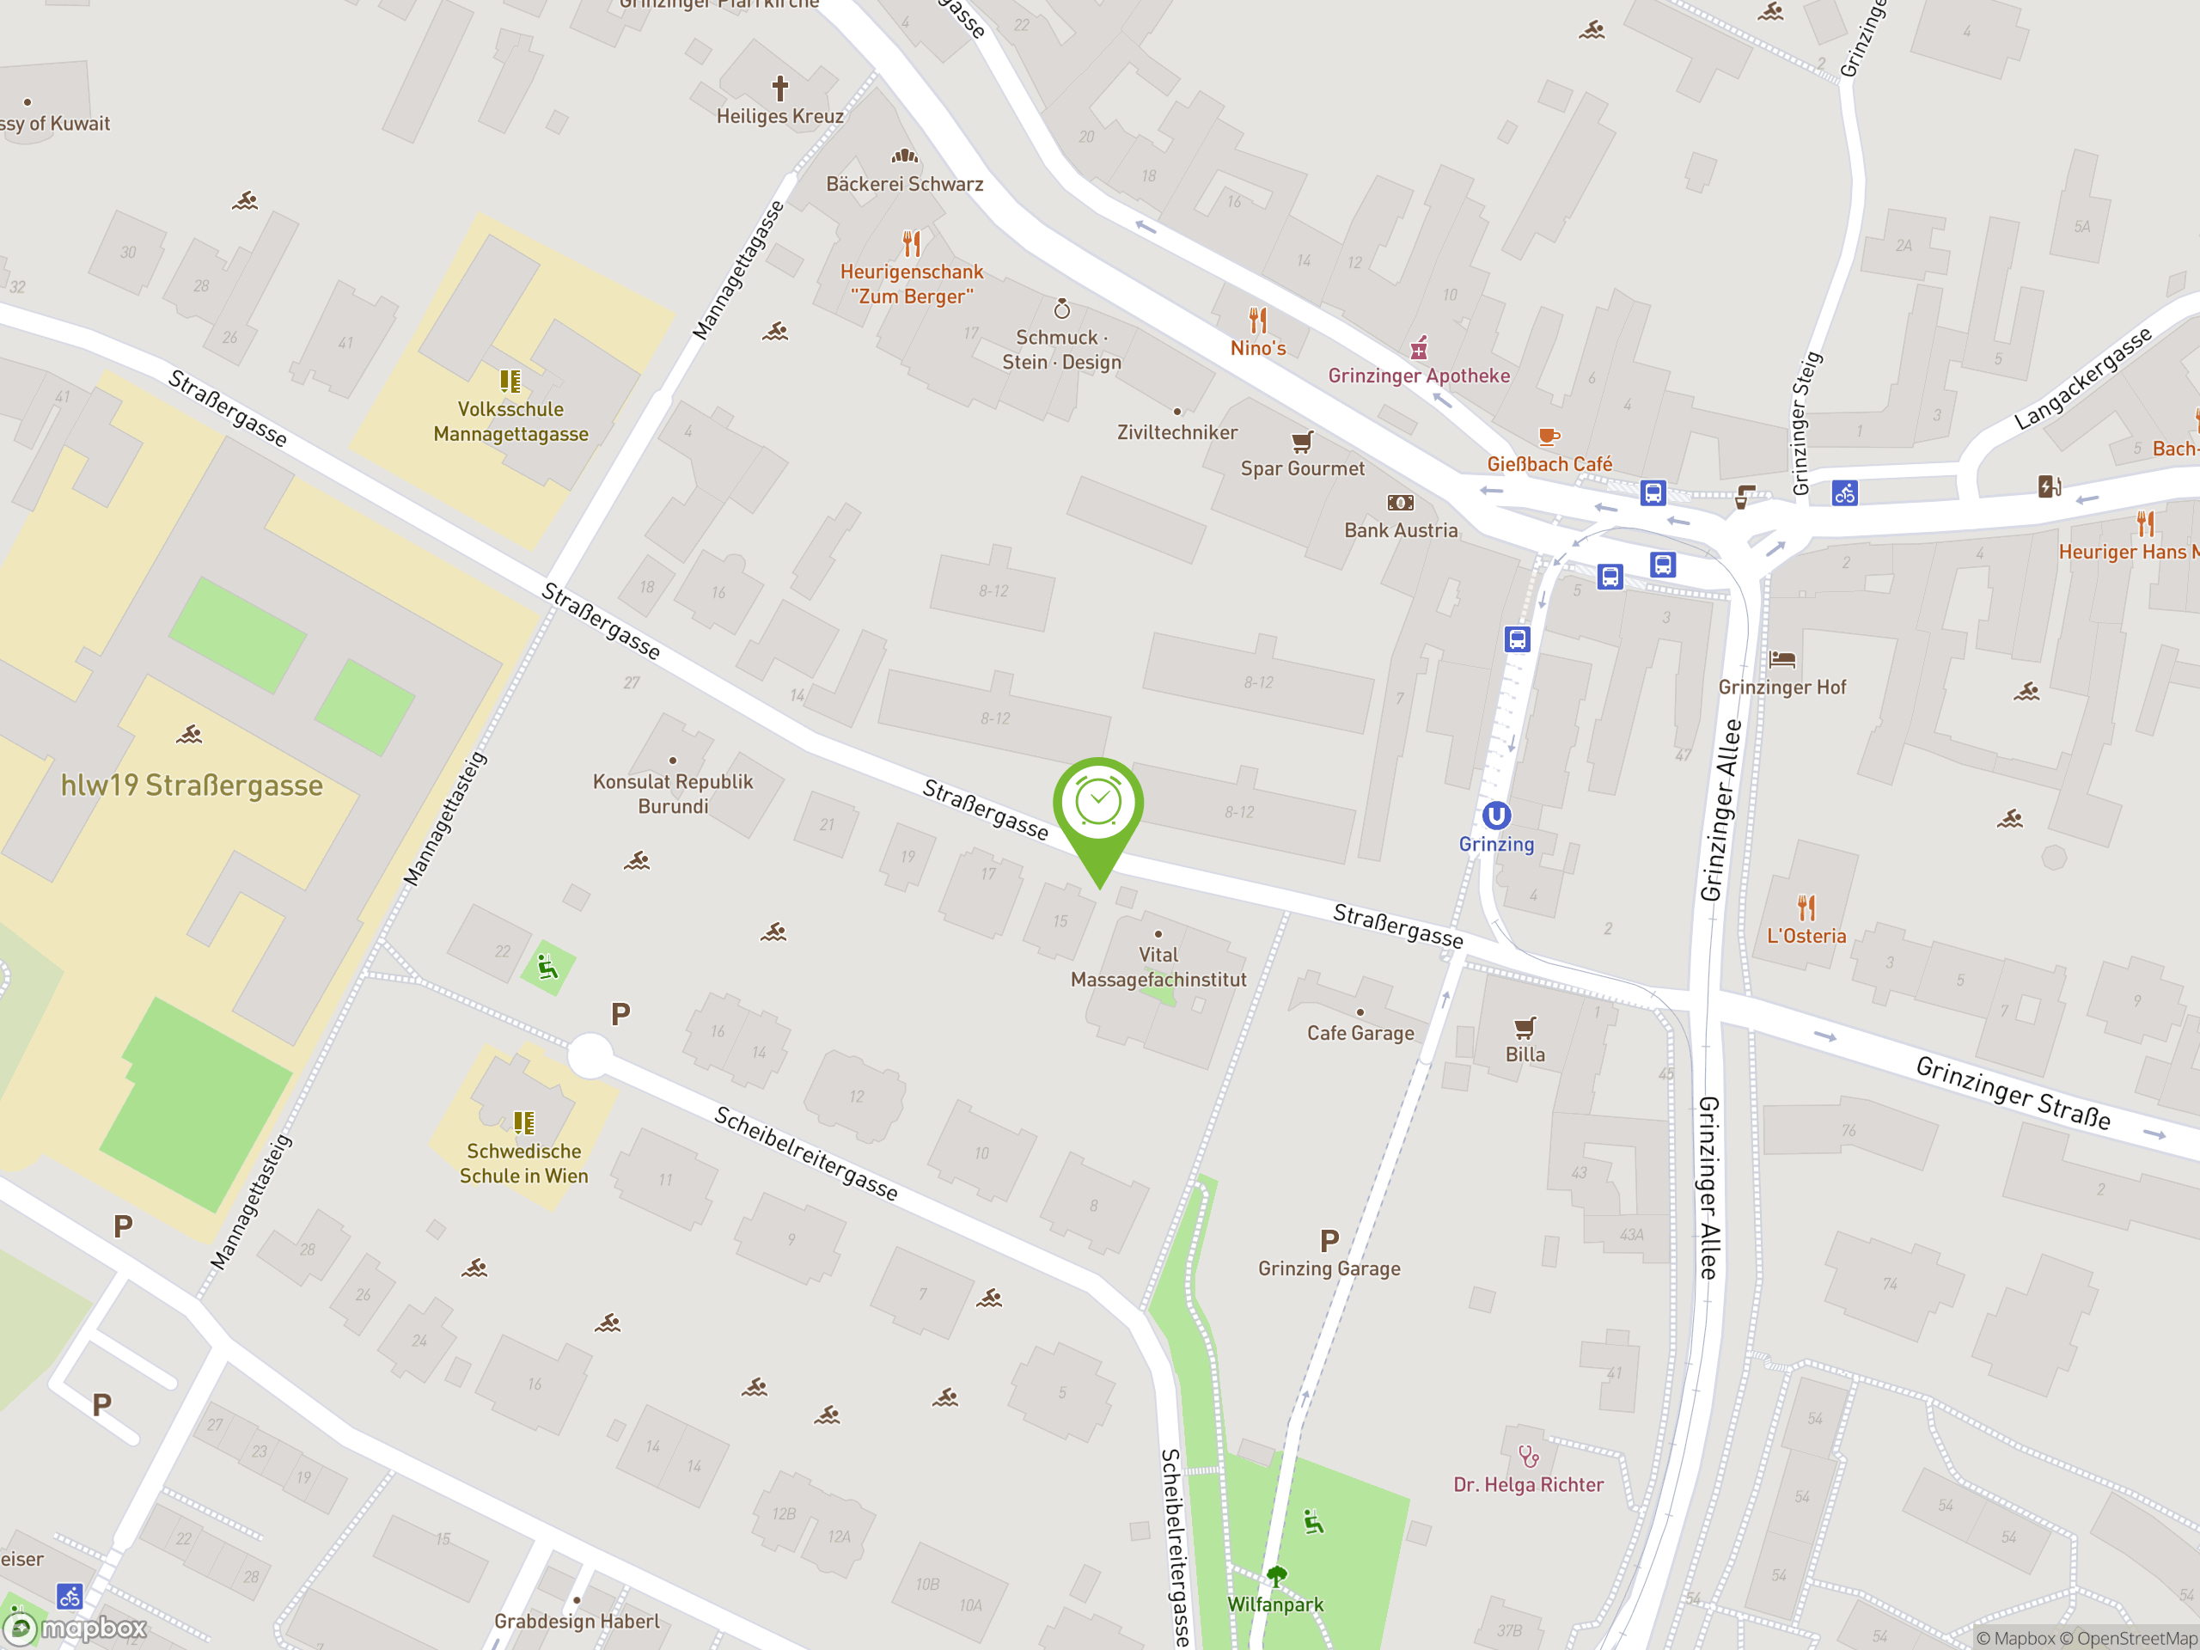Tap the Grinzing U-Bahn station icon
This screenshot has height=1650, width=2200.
click(1496, 816)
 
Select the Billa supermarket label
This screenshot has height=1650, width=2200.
click(1525, 1054)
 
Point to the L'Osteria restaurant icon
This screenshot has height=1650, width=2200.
click(1806, 907)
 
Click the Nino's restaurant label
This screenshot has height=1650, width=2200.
click(1258, 348)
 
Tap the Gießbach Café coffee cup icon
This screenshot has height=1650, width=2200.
click(1548, 437)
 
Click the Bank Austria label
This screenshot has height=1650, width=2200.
click(1401, 530)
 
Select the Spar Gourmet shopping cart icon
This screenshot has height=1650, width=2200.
click(1302, 441)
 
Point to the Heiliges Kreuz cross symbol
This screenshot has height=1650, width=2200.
click(780, 89)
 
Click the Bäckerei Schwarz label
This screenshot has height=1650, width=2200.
click(904, 184)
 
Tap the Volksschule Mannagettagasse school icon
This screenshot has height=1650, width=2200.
click(510, 381)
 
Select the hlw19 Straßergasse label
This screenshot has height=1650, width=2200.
click(192, 785)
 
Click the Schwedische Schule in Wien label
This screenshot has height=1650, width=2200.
click(524, 1164)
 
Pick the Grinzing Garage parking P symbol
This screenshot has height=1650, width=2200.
click(1329, 1240)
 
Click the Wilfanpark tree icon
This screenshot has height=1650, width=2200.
click(1276, 1575)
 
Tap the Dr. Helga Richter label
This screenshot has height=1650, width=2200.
click(1528, 1485)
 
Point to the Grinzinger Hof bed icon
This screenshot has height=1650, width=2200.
click(1782, 658)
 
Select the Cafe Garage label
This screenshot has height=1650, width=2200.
click(1360, 1033)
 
